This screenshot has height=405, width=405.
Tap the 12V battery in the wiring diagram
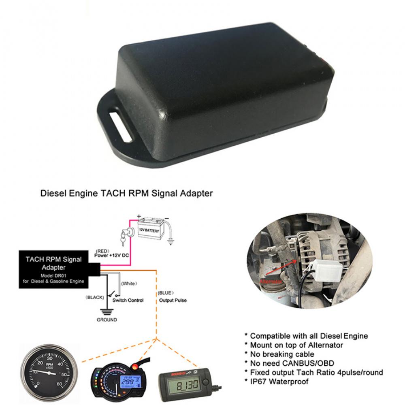coord(150,229)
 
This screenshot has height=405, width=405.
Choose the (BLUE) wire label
coord(166,292)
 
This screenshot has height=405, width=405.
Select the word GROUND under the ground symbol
coord(107,320)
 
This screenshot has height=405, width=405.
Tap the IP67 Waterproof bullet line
coord(279,381)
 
